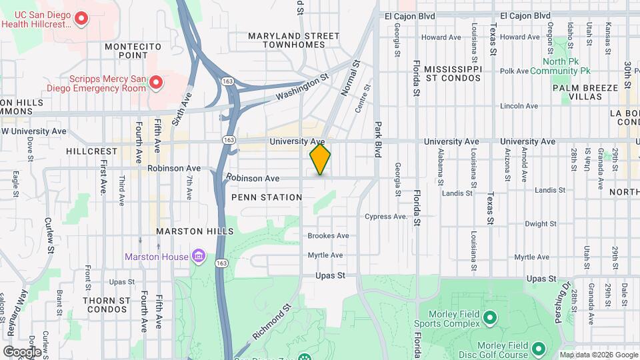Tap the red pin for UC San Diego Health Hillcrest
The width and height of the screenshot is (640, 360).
81,19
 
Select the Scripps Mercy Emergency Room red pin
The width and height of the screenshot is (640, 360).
156,82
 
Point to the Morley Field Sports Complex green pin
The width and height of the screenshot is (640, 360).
490,317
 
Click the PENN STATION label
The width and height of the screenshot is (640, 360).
267,197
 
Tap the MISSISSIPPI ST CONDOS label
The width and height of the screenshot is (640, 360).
453,73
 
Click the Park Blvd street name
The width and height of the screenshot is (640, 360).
377,139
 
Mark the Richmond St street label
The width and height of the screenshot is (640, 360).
272,321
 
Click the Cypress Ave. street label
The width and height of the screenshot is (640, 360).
386,217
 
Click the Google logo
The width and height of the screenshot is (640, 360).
21,351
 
